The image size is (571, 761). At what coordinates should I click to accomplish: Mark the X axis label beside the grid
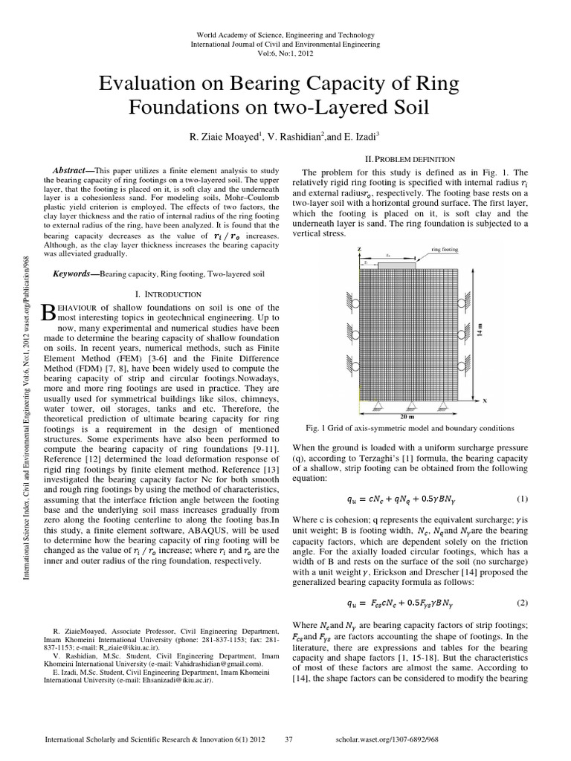click(x=484, y=401)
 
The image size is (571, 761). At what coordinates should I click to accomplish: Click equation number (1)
click(x=521, y=497)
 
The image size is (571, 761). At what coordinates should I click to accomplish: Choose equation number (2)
click(x=521, y=602)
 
